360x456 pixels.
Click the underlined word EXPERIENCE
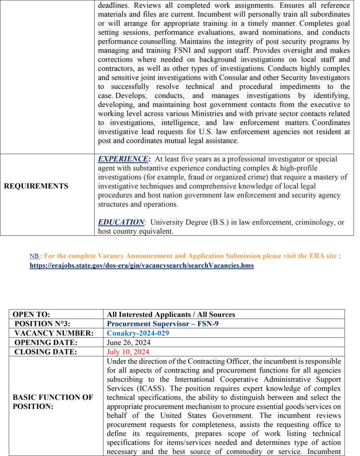pyautogui.click(x=123, y=159)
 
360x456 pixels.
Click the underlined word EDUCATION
pyautogui.click(x=121, y=222)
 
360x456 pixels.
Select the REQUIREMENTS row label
pyautogui.click(x=36, y=186)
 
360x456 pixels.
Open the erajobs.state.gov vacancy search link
pyautogui.click(x=142, y=265)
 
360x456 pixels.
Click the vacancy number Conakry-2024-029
pyautogui.click(x=138, y=333)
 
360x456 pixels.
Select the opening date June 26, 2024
pyautogui.click(x=129, y=342)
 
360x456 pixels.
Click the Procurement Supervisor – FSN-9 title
pyautogui.click(x=163, y=324)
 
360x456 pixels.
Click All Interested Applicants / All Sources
pyautogui.click(x=171, y=314)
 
